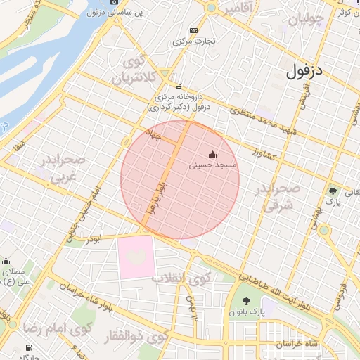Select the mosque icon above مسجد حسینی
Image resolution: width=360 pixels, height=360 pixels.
point(213,154)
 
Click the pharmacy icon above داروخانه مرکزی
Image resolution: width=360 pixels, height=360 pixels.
point(179,86)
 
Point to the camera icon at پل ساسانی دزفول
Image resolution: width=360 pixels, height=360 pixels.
point(115,2)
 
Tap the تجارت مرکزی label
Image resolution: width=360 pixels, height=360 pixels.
point(193,41)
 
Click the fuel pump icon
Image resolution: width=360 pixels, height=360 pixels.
point(28,347)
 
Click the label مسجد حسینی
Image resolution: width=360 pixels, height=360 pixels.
point(214,165)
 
